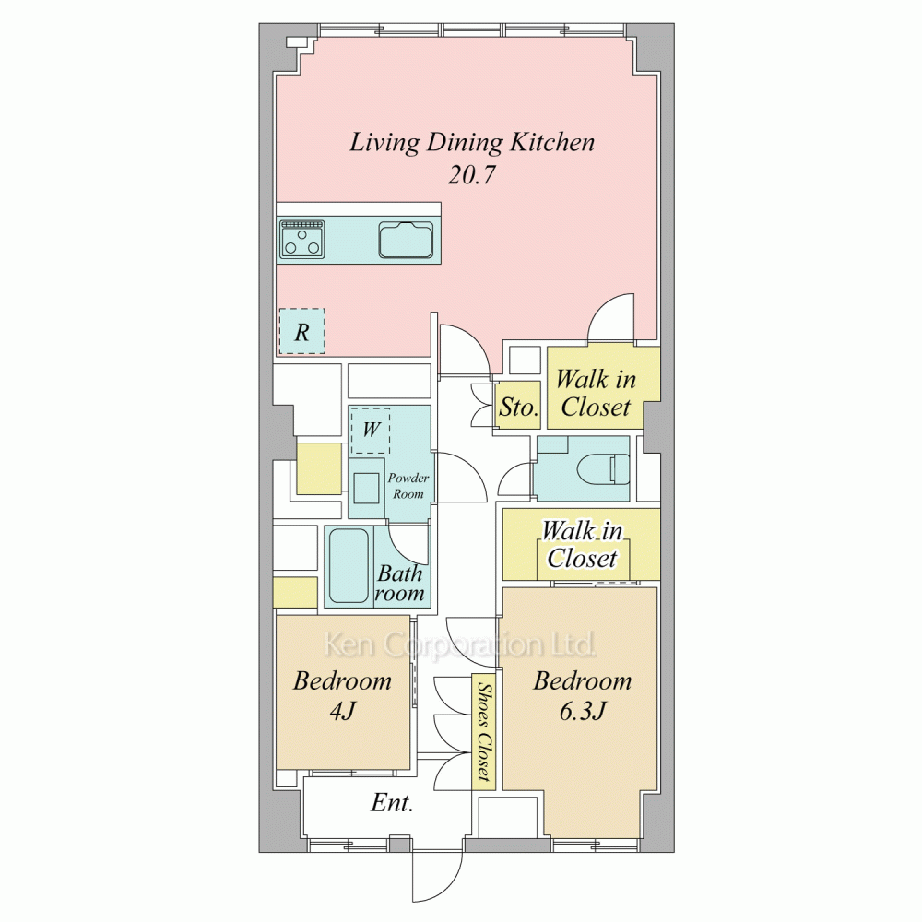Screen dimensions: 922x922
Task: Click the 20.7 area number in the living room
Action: [x=472, y=174]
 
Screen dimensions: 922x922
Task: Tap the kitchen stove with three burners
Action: [x=302, y=240]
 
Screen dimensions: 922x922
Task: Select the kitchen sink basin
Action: [x=406, y=240]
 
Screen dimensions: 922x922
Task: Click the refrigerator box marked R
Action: [x=301, y=332]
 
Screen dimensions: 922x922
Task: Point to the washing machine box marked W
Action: [x=371, y=431]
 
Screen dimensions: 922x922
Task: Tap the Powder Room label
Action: [x=408, y=486]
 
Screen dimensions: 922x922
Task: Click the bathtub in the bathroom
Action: [x=349, y=566]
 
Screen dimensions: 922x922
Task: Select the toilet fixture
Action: [x=603, y=470]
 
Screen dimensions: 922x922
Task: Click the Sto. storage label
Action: [x=518, y=407]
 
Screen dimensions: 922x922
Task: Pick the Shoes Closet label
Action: [x=484, y=731]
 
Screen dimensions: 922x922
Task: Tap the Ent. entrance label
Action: [x=392, y=803]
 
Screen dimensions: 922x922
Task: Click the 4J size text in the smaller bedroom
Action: [x=342, y=712]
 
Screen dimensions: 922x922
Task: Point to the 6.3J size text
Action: [x=582, y=712]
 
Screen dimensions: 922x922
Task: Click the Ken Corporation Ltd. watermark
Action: [x=460, y=644]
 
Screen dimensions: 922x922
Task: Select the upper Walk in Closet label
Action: [x=596, y=393]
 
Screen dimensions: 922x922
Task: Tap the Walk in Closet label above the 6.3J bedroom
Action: [x=582, y=545]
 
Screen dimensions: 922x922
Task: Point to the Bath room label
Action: [x=400, y=583]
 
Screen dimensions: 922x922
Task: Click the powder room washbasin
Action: [x=366, y=487]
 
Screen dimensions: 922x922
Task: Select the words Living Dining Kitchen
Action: [x=472, y=143]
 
